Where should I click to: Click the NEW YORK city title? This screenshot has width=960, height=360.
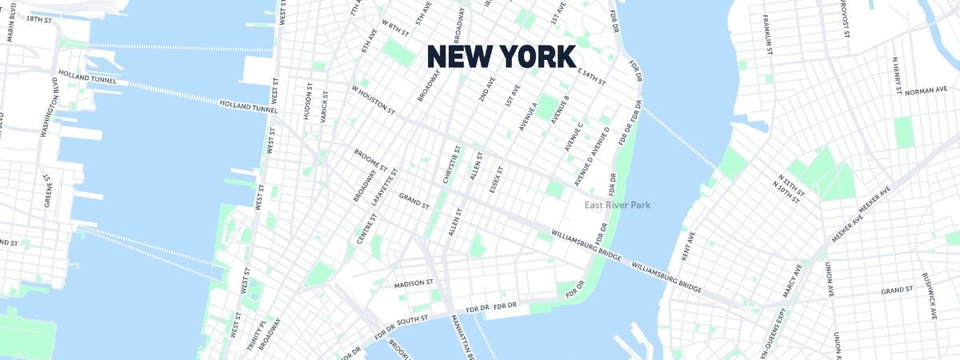tap(501, 57)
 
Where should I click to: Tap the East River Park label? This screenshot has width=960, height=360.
tap(618, 206)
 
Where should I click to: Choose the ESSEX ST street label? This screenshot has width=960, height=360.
tap(496, 180)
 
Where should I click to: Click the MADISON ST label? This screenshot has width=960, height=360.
tap(414, 283)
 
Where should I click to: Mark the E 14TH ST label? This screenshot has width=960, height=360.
tap(592, 78)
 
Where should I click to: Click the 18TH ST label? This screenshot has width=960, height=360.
tap(38, 18)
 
